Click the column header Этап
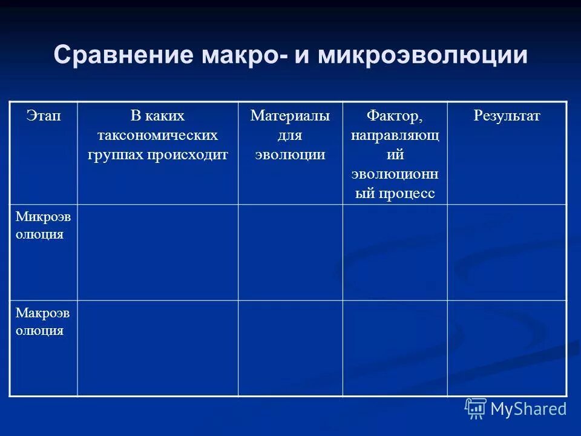44,116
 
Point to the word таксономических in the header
157,135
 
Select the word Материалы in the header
290,116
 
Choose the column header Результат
507,116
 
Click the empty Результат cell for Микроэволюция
507,252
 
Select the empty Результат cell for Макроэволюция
507,348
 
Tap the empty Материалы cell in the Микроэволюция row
290,252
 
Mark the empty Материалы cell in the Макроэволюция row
290,348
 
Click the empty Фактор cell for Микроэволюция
395,252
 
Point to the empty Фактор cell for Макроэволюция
395,348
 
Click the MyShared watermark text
528,409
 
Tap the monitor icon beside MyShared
476,408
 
